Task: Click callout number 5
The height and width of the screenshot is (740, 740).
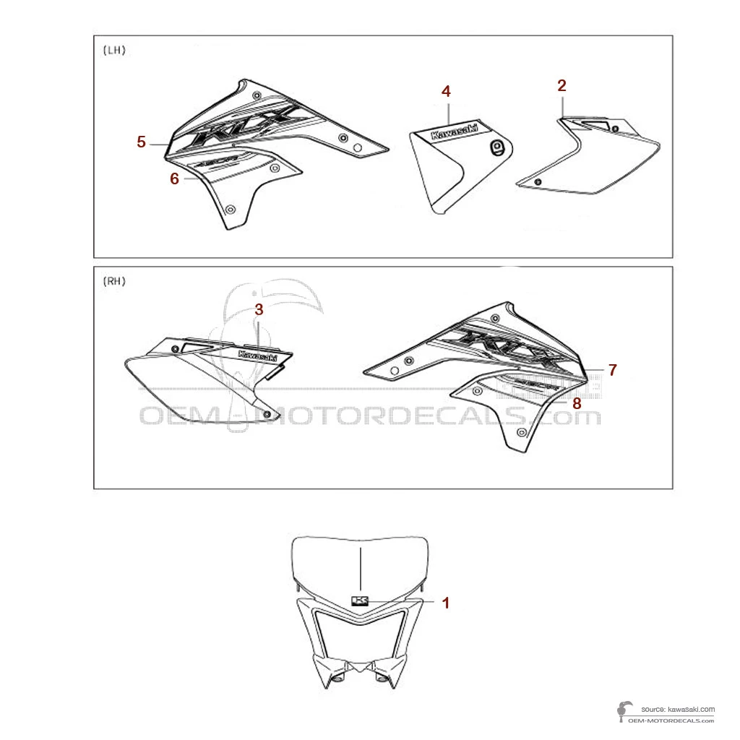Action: [142, 142]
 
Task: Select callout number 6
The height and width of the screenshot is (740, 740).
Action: [174, 178]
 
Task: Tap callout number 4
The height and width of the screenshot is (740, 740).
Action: [446, 92]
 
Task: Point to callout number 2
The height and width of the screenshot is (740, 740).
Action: [562, 85]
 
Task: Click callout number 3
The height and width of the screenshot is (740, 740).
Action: [259, 309]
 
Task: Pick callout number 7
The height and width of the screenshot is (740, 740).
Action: [612, 370]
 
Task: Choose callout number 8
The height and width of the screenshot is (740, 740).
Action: [577, 403]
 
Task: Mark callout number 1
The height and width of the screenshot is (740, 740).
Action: [446, 602]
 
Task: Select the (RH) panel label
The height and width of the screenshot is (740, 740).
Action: [115, 282]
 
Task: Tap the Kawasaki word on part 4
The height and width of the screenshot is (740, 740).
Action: [454, 130]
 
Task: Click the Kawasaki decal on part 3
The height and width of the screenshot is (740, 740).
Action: [257, 356]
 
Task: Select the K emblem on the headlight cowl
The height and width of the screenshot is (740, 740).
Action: [360, 601]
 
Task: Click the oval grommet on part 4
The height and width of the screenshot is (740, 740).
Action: [496, 147]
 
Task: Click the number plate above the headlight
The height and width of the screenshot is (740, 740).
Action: [359, 564]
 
